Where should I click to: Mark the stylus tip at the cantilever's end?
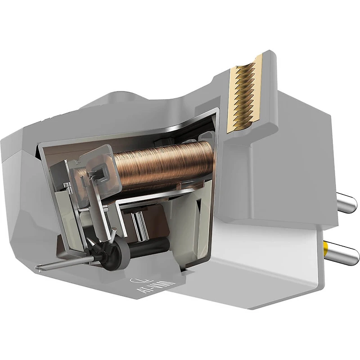point(37,269)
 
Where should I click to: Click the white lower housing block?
point(252,265)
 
